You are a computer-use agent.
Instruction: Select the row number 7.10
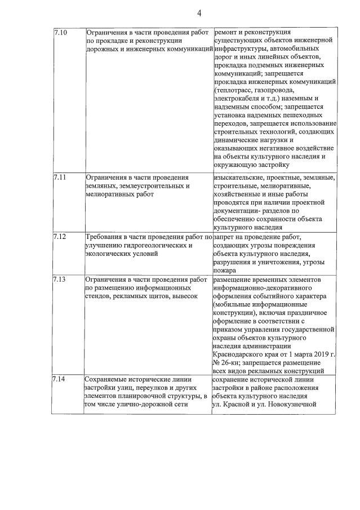(60, 33)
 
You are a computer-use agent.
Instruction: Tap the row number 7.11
(60, 178)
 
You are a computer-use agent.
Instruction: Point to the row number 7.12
(60, 237)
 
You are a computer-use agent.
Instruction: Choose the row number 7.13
(60, 280)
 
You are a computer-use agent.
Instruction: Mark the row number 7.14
(60, 379)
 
